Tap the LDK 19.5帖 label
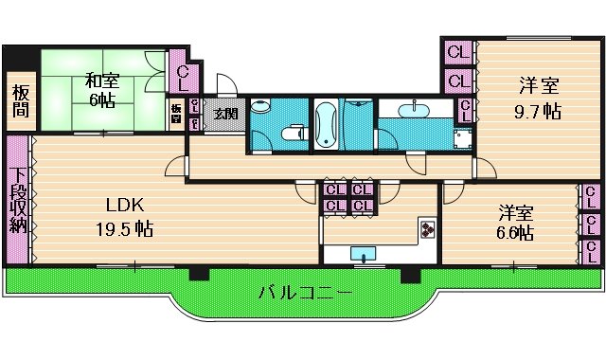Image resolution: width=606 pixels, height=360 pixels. click(118, 218)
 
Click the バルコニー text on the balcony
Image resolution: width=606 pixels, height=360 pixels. click(305, 293)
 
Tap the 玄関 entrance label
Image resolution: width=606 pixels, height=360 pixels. click(224, 115)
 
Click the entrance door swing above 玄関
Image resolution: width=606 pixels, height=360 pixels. click(224, 85)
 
